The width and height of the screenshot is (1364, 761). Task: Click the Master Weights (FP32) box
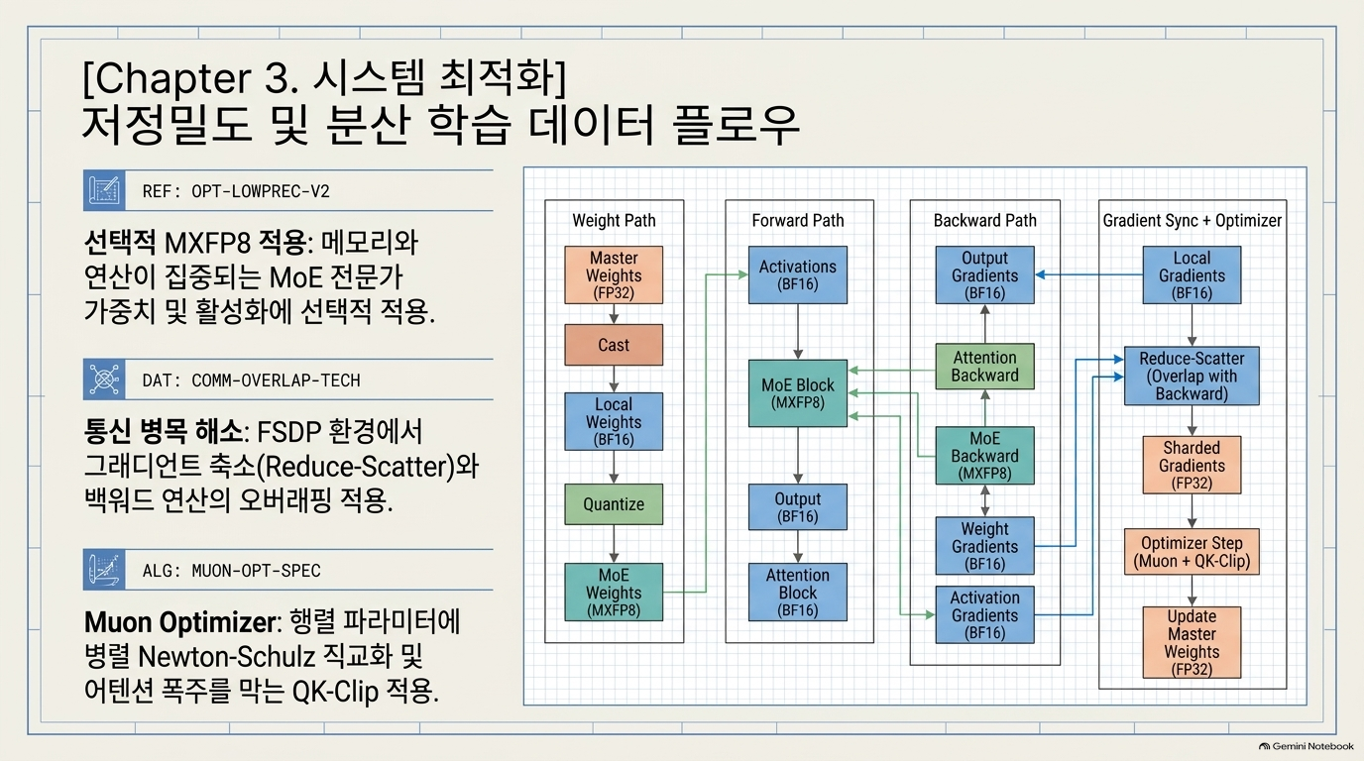coord(614,275)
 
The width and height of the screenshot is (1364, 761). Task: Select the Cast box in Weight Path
coord(614,345)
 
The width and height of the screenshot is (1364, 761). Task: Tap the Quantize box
coord(614,504)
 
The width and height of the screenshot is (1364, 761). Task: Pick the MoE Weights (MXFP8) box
coord(614,593)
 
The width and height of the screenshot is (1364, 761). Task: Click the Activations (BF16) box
coord(798,275)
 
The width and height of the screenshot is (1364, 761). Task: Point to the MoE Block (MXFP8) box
coord(798,393)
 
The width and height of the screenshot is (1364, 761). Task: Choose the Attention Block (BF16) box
coord(798,593)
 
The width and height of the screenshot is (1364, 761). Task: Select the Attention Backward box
coord(984,367)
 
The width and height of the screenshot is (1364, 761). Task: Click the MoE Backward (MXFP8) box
coord(984,456)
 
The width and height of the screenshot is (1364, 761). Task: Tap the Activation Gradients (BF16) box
coord(984,615)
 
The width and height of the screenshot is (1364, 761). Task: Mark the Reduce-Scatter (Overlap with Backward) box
coord(1192,377)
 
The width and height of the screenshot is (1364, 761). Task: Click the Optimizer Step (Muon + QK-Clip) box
coord(1192,552)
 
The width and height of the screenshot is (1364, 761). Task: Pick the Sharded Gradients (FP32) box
coord(1192,465)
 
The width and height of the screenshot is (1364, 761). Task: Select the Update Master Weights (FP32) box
coord(1192,642)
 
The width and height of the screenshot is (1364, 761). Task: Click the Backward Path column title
coord(984,220)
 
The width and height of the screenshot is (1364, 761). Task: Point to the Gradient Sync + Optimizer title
coord(1193,220)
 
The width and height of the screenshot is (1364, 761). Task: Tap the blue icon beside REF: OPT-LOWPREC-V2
coord(104,190)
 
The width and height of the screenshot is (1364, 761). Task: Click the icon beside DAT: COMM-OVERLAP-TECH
coord(104,380)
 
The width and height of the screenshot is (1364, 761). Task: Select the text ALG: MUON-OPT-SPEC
coord(231,571)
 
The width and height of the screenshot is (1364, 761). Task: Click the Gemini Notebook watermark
coord(1307,746)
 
